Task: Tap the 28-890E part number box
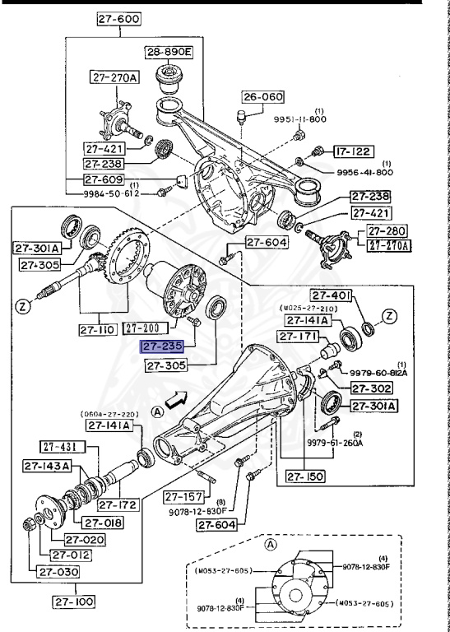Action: [x=168, y=52]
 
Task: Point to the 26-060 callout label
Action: [x=262, y=96]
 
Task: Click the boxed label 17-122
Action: [x=353, y=151]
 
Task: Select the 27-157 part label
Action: [x=183, y=495]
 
